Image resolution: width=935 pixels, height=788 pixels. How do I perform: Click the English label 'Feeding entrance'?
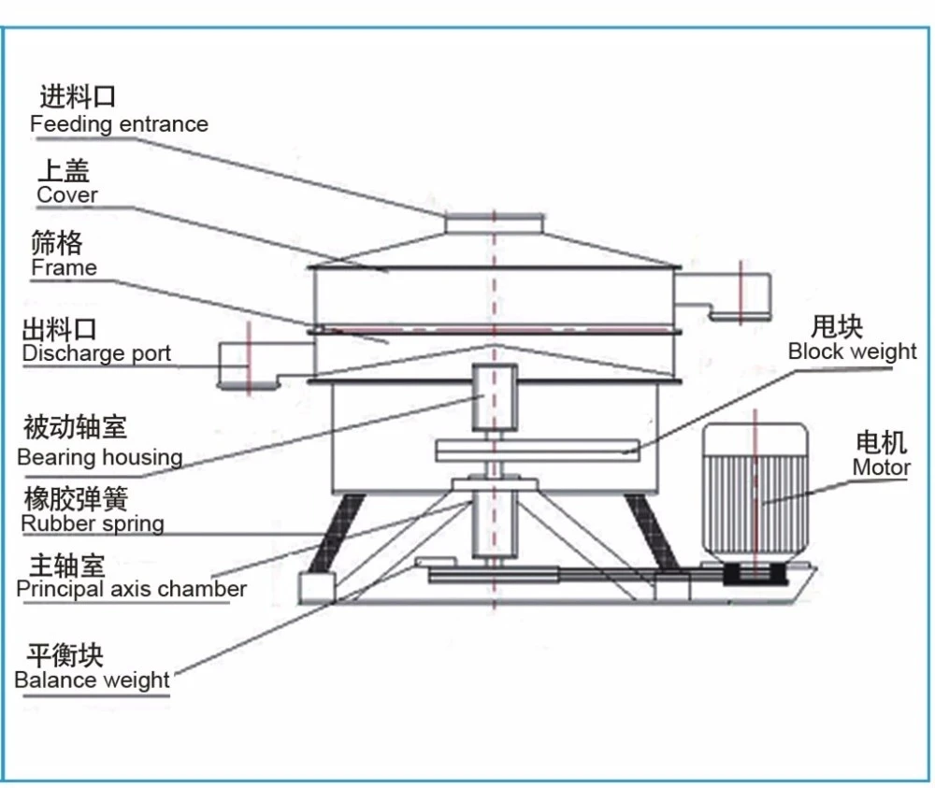tap(119, 124)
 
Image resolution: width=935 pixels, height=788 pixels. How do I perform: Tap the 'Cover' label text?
tap(66, 194)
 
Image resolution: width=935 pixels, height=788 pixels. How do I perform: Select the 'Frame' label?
tap(64, 267)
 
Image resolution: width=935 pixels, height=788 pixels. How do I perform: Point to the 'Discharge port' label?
tap(96, 353)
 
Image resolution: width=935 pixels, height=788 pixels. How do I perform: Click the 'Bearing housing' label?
tap(99, 457)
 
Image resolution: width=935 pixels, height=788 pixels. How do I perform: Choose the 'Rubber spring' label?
tap(93, 523)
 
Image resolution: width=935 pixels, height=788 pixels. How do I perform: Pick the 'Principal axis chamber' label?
tap(131, 589)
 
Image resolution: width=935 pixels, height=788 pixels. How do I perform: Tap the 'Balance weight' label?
tap(92, 680)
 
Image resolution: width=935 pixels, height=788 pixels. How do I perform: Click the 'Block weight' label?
tap(852, 351)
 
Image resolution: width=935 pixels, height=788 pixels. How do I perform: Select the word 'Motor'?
tap(881, 467)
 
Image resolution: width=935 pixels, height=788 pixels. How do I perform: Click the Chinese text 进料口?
tap(78, 96)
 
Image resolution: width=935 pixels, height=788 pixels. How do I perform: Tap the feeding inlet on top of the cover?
tap(494, 223)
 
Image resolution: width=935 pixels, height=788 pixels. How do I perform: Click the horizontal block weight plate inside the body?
tap(537, 449)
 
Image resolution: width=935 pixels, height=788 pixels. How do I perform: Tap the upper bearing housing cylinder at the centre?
tap(493, 396)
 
